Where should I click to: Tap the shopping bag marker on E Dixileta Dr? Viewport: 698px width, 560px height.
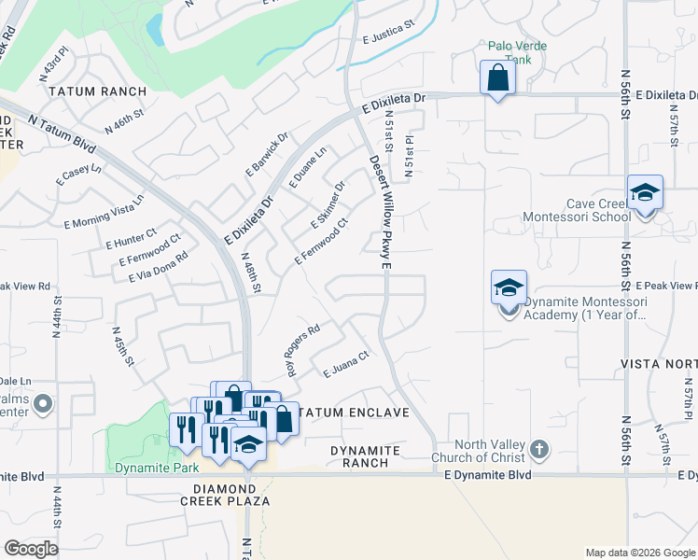coord(497,77)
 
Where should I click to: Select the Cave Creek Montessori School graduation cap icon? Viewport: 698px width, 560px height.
coord(645,192)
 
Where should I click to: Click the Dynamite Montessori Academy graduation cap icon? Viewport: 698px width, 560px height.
coord(510,287)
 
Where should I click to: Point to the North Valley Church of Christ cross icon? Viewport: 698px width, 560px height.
coord(538,451)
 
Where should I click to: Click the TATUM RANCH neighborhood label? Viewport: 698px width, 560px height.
coord(98,91)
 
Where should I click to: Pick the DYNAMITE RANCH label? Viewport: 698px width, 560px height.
coord(366,456)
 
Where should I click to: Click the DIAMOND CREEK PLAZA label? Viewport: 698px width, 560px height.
coord(231,495)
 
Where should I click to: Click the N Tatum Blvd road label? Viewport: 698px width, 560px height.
coord(62,133)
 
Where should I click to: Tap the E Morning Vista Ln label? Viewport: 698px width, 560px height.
coord(104,213)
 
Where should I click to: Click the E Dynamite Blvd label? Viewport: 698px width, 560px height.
coord(487,475)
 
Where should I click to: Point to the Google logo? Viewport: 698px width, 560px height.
coord(31,548)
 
